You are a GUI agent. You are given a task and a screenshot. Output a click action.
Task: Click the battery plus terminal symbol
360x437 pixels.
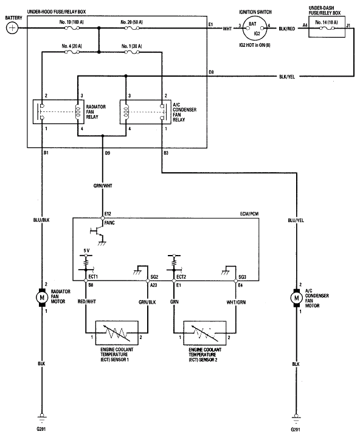coord(12,28)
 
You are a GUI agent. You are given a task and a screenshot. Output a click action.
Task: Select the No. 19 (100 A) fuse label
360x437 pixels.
coord(72,22)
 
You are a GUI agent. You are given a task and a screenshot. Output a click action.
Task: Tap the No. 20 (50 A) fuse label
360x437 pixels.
coord(131,22)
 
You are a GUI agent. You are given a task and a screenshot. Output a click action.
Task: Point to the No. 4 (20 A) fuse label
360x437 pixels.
coord(72,46)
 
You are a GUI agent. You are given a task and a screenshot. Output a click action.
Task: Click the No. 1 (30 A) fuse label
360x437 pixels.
coord(131,46)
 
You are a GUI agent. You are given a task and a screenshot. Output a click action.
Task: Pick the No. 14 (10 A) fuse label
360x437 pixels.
coord(327,23)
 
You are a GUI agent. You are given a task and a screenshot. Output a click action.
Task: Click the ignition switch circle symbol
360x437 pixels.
coord(254,29)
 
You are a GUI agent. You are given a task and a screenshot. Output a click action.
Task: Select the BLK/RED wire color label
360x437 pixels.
coord(286,29)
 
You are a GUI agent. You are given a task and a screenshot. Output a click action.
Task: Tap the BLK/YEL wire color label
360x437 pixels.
coord(287,77)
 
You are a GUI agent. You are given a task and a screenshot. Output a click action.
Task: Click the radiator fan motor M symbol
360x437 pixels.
coord(42,298)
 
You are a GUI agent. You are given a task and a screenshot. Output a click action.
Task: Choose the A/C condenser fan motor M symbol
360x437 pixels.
coord(297,298)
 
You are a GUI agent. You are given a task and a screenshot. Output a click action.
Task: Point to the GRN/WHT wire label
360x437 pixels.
coord(103,186)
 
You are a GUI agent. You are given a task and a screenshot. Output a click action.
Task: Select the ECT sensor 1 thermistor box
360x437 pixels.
coord(117,333)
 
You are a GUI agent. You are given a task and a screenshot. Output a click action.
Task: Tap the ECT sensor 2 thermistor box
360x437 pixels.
coord(205,333)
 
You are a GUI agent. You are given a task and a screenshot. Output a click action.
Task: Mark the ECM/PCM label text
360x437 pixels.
coord(249,214)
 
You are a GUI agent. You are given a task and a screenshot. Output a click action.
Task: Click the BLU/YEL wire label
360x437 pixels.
coord(296,220)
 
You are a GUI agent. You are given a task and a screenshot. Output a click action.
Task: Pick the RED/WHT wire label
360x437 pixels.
coord(86,301)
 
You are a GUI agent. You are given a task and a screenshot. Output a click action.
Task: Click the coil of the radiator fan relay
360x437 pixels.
coord(78,113)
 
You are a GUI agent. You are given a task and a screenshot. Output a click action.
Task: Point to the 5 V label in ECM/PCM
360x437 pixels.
coord(86,251)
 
